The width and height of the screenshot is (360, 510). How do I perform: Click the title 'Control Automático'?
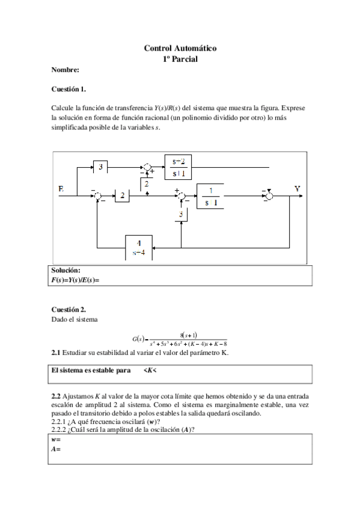click(x=180, y=48)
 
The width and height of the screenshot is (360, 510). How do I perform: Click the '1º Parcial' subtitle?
click(x=180, y=59)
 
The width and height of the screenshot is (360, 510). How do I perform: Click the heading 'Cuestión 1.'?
click(x=69, y=90)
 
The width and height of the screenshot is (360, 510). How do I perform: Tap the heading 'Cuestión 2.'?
click(x=69, y=309)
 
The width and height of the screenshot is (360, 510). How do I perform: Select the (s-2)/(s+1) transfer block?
click(x=178, y=167)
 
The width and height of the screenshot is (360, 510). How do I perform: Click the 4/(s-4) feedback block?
click(x=139, y=247)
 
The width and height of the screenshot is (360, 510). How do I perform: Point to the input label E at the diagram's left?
click(x=61, y=189)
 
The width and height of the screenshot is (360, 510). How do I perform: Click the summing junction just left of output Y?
click(x=270, y=195)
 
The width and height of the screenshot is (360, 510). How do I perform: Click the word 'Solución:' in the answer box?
click(x=66, y=271)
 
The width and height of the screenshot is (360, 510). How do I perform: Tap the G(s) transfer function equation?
click(x=180, y=339)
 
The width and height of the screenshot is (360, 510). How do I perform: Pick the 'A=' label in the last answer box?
click(x=56, y=449)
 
